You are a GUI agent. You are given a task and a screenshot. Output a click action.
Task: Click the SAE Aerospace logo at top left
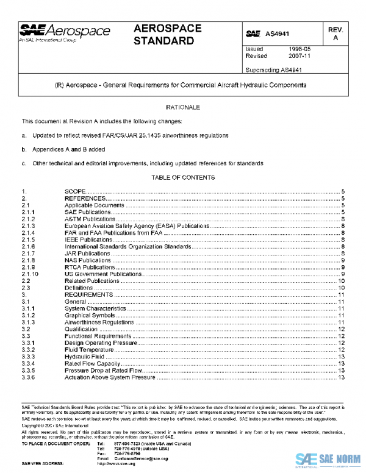[x=65, y=33]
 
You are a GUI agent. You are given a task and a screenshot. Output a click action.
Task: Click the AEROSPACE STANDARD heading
[x=163, y=35]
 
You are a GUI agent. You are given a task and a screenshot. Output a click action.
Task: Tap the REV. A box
[x=334, y=34]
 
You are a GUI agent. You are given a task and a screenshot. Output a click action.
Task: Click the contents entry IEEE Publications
[x=89, y=240]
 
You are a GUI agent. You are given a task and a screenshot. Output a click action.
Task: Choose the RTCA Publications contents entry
[x=90, y=268]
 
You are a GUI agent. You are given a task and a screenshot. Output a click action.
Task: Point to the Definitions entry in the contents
[x=79, y=288]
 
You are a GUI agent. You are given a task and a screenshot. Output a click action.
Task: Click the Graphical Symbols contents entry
[x=89, y=315]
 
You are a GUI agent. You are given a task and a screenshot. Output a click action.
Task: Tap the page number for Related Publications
[x=342, y=281]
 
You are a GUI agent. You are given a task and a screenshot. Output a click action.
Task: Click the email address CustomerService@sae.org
[x=132, y=458]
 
